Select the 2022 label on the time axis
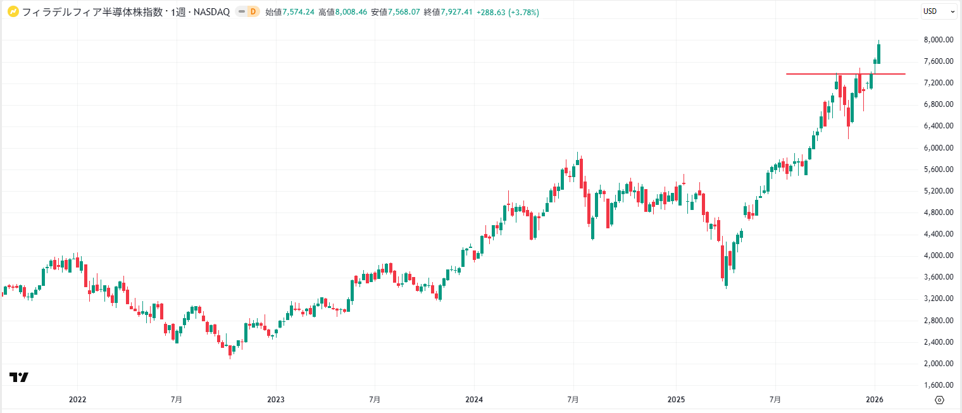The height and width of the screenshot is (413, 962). coord(77,400)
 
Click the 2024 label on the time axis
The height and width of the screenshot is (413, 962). coord(474,400)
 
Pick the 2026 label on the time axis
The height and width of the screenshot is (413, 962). coord(875,400)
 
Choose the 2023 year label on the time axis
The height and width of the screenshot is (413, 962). coord(276,400)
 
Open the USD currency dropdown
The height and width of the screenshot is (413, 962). coord(938,11)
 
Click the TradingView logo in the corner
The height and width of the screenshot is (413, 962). coord(19,378)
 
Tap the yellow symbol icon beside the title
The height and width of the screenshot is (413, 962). coord(12,11)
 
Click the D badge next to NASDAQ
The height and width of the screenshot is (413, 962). coord(253,11)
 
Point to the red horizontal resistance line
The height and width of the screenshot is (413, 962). coord(823,74)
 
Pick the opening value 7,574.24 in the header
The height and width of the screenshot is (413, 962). coord(297,12)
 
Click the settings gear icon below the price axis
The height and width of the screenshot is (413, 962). coord(939,400)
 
